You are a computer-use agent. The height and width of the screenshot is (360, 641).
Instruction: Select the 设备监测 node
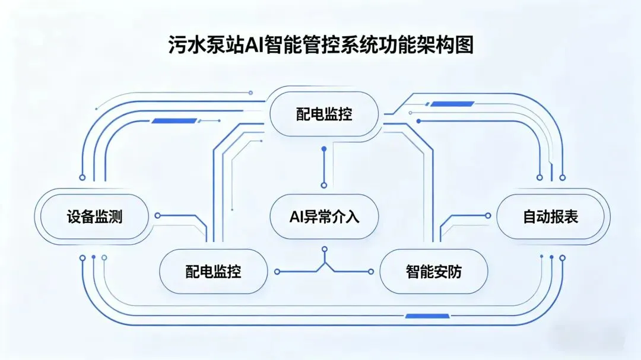click(x=94, y=216)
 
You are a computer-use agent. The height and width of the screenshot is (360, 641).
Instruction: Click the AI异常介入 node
click(x=324, y=216)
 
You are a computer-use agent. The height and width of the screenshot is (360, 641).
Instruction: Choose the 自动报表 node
click(x=550, y=216)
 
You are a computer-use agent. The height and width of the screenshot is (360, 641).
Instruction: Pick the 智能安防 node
click(x=433, y=272)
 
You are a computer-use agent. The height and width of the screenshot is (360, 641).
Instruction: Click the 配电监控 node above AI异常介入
click(x=324, y=113)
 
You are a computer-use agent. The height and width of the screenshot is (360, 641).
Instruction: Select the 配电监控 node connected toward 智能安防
click(x=213, y=272)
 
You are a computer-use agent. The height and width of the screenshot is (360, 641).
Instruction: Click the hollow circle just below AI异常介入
click(x=324, y=249)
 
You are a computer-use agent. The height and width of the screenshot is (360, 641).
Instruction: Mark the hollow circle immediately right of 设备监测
click(x=157, y=216)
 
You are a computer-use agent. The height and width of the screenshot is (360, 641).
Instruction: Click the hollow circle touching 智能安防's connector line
click(x=371, y=272)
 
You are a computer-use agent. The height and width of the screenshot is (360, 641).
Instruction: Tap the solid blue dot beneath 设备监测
click(x=93, y=257)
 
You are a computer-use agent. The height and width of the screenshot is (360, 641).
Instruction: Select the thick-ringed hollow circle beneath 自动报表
click(x=562, y=257)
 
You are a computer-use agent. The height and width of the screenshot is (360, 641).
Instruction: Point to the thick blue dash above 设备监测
click(x=174, y=121)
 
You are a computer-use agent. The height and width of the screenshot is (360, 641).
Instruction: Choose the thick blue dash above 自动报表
click(x=452, y=104)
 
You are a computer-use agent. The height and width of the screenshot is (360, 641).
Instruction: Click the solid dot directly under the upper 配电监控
click(x=324, y=148)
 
